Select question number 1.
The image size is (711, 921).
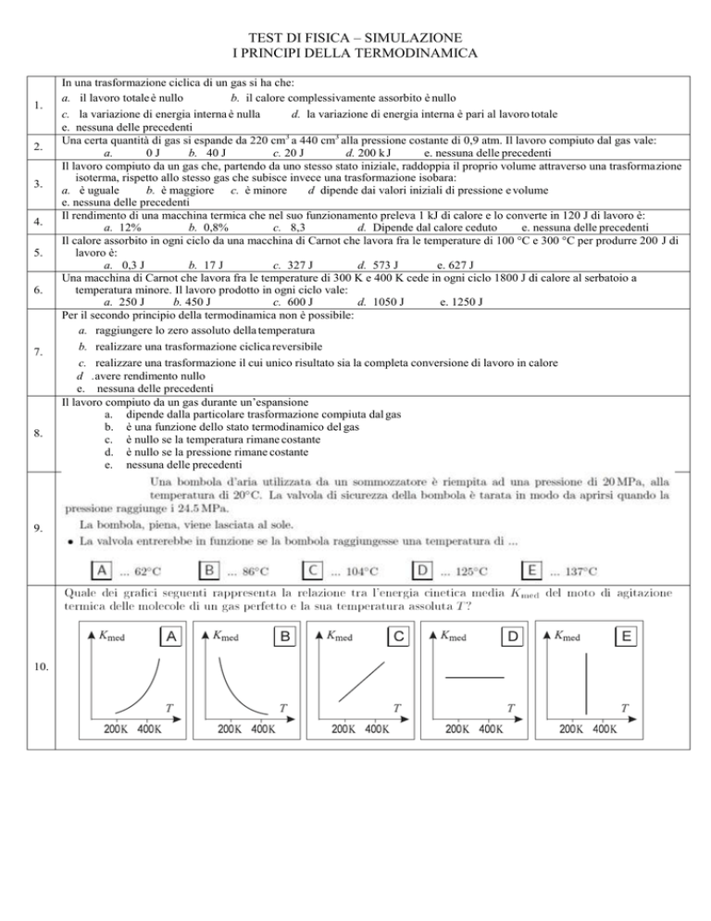click(31, 105)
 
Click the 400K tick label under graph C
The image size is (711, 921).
click(376, 729)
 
